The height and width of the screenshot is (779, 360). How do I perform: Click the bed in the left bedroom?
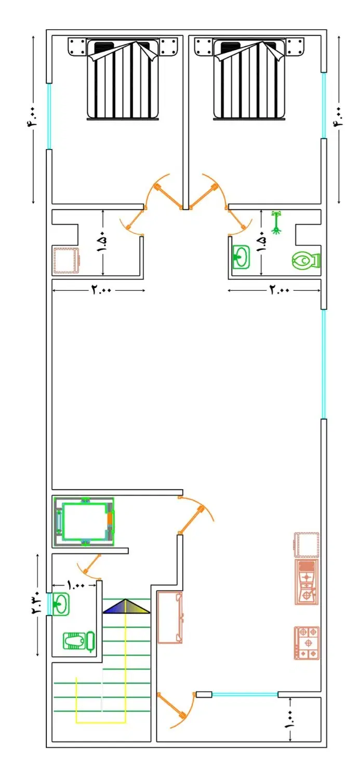(123, 79)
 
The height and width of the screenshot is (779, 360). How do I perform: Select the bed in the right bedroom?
(249, 79)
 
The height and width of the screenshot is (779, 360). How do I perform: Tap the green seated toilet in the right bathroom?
(306, 260)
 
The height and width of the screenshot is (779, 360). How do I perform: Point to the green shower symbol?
(276, 223)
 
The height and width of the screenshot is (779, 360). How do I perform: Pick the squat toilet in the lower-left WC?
(78, 640)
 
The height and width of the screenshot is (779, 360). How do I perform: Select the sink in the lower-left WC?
(61, 603)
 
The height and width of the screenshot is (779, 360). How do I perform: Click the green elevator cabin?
(85, 521)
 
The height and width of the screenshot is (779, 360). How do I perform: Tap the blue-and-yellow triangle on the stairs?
(126, 606)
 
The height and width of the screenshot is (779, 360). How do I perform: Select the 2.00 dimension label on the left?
(101, 289)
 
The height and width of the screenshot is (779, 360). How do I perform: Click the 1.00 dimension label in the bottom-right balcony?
(290, 720)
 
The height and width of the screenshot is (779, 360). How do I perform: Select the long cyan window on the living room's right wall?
(324, 364)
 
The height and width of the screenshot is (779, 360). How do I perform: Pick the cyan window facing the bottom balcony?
(245, 694)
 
